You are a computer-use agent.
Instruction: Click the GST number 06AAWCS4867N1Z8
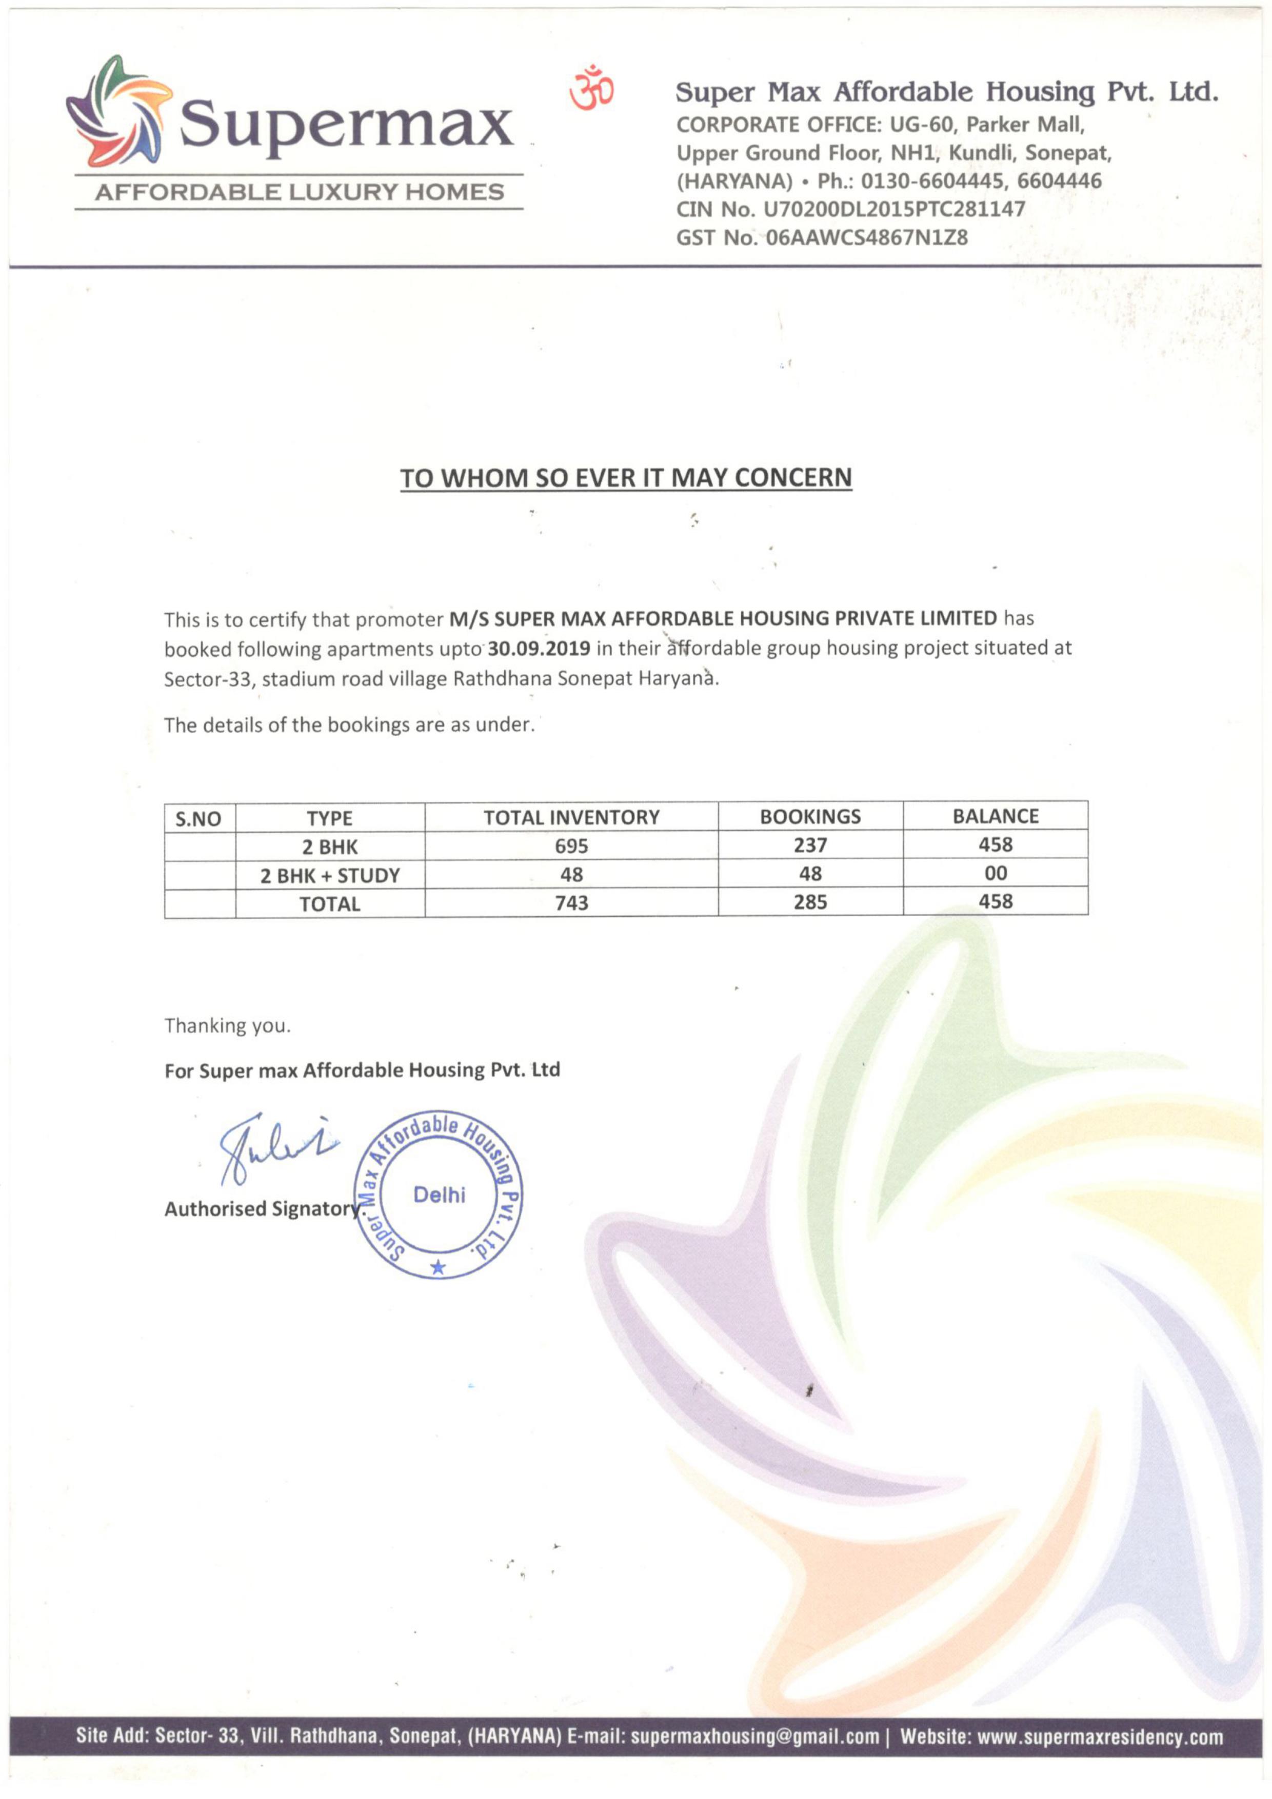(x=866, y=237)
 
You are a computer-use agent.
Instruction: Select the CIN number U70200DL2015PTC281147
(x=894, y=209)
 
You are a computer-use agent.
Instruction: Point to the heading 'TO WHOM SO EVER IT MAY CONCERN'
(x=625, y=478)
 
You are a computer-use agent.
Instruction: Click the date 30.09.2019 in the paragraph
(x=539, y=649)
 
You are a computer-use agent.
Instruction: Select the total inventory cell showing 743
(x=571, y=903)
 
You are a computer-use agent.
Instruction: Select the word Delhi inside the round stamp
(x=439, y=1195)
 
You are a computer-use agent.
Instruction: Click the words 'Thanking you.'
(x=227, y=1026)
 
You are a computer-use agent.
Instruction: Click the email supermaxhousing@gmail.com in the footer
(x=754, y=1737)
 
